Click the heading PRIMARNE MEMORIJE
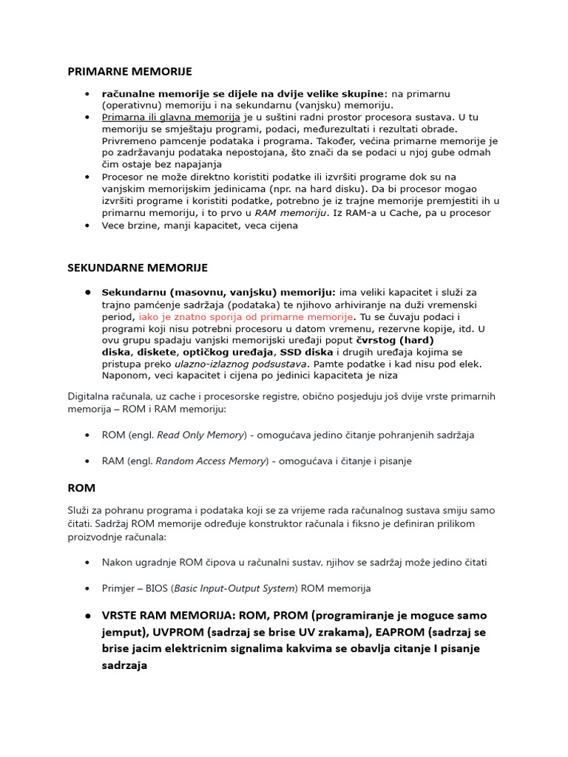point(129,72)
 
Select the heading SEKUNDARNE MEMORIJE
point(138,268)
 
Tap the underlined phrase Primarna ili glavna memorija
point(171,117)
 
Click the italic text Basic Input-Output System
point(234,588)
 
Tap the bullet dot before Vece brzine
point(87,225)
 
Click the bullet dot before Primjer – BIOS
point(87,588)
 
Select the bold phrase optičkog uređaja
point(229,352)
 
